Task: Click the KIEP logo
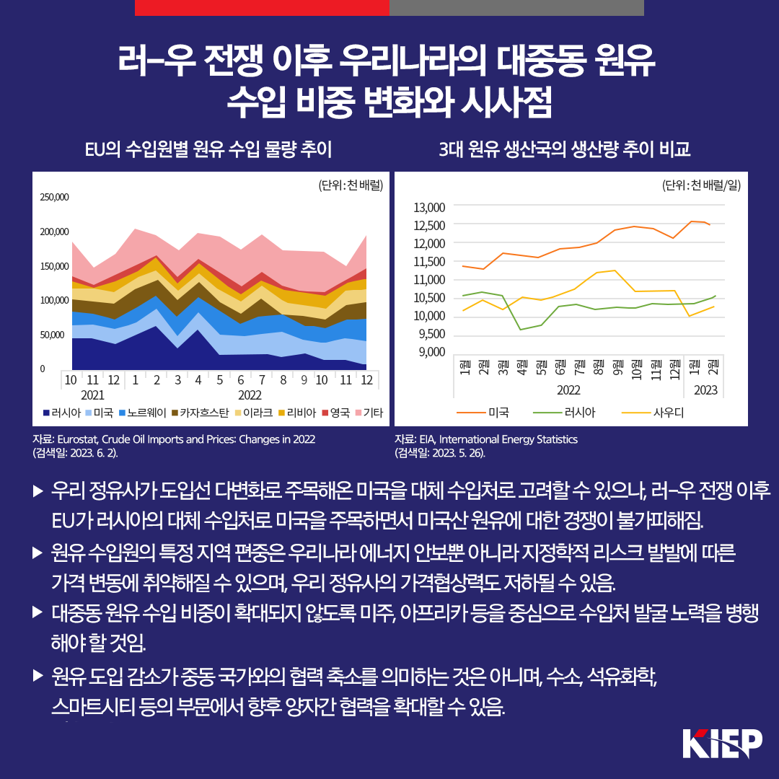722,743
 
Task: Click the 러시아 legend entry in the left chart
61,413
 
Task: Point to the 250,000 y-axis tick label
54,197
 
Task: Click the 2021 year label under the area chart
92,395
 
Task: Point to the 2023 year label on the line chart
706,390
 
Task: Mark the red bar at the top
262,8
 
